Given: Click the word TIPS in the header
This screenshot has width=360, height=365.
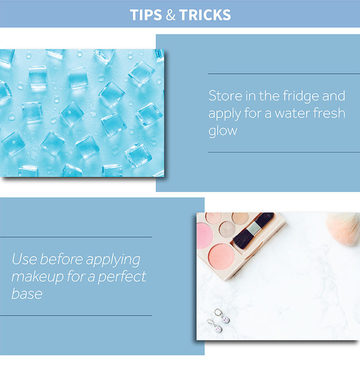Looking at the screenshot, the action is click(146, 15).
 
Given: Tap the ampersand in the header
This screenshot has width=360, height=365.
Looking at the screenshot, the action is click(171, 15).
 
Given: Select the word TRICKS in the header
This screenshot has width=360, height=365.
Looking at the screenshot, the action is click(205, 15).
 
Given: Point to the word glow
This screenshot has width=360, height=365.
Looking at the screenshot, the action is click(223, 131).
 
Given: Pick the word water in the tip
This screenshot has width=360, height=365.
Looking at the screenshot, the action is click(292, 113).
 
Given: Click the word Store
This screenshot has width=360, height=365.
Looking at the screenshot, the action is click(225, 96).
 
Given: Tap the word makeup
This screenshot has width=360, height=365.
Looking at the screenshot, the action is click(37, 277).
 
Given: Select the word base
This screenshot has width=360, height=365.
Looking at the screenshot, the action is click(27, 293).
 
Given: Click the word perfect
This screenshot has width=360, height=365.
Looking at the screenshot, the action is click(122, 277).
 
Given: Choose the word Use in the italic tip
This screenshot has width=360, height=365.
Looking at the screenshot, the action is click(24, 259).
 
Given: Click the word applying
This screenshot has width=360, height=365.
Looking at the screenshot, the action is click(113, 260).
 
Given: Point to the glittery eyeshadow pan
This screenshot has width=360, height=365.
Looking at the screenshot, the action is click(227, 229).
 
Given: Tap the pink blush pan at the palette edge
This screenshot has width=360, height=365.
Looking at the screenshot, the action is click(204, 236).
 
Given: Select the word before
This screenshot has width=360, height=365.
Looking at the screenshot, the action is click(61, 259).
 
